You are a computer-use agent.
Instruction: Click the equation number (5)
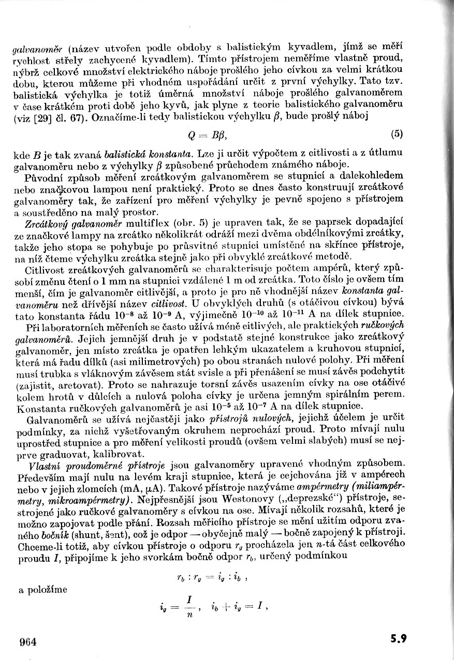(397, 134)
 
